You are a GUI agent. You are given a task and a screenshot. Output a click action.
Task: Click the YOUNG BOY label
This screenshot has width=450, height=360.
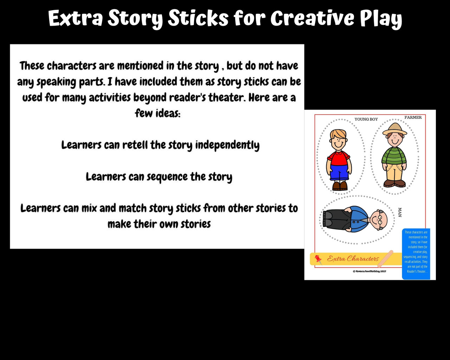coord(366,119)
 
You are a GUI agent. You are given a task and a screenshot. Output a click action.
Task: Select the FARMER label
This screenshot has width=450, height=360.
coord(413,117)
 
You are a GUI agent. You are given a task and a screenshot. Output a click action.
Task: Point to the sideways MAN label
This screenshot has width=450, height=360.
coord(399,212)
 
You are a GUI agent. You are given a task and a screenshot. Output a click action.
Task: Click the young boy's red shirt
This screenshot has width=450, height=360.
coord(338,158)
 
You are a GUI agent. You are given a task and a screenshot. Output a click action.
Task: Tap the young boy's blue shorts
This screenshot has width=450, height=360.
coord(339,172)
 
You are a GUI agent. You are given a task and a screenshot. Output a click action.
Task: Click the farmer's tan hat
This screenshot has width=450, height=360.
coord(394,129)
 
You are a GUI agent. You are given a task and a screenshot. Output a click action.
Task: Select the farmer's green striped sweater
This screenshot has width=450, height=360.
coord(394,156)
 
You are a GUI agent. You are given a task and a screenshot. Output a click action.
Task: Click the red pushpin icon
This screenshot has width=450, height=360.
coord(318,259)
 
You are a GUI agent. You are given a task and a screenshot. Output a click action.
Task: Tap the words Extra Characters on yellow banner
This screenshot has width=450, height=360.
coord(353,259)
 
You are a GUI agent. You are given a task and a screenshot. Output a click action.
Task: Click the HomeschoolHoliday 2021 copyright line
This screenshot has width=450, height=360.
coord(369,271)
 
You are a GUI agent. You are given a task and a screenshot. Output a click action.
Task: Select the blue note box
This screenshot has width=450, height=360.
coord(416,254)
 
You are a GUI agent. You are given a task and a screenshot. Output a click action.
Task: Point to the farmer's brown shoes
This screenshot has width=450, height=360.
coord(394,184)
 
